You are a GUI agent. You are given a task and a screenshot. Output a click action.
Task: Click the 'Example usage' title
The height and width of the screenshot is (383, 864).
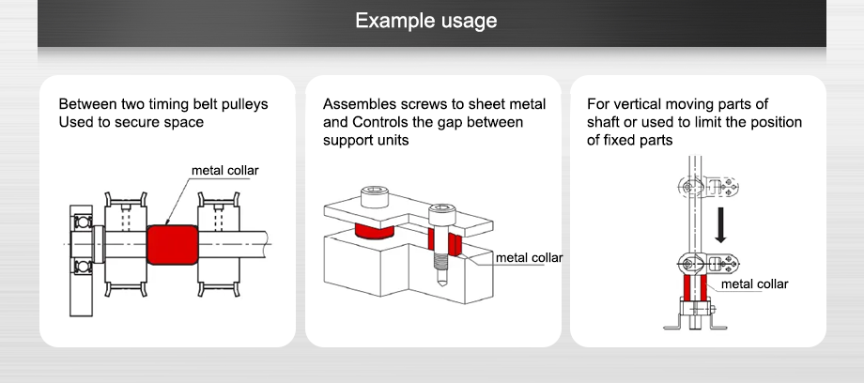coord(425,21)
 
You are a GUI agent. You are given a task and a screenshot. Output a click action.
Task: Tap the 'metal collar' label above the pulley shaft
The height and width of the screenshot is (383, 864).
coord(224,171)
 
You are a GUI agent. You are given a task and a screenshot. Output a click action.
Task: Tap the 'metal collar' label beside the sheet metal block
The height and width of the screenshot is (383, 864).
coord(529,257)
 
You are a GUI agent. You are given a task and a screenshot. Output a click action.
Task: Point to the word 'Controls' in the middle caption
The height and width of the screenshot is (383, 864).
coord(382,122)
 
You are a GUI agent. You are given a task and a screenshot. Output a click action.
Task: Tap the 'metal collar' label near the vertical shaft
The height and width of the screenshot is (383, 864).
coord(754,283)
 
